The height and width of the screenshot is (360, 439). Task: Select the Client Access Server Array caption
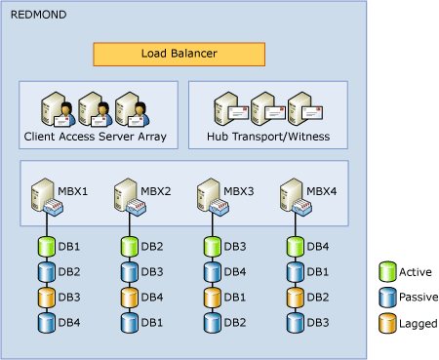pos(99,138)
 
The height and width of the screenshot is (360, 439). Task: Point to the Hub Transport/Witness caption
pos(267,138)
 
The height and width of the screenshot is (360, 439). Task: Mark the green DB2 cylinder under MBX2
pos(130,247)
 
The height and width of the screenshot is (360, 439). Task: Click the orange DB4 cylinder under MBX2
pos(130,298)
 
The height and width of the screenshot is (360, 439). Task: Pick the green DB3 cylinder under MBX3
pos(213,247)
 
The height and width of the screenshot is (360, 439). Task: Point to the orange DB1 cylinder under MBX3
pos(213,298)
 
